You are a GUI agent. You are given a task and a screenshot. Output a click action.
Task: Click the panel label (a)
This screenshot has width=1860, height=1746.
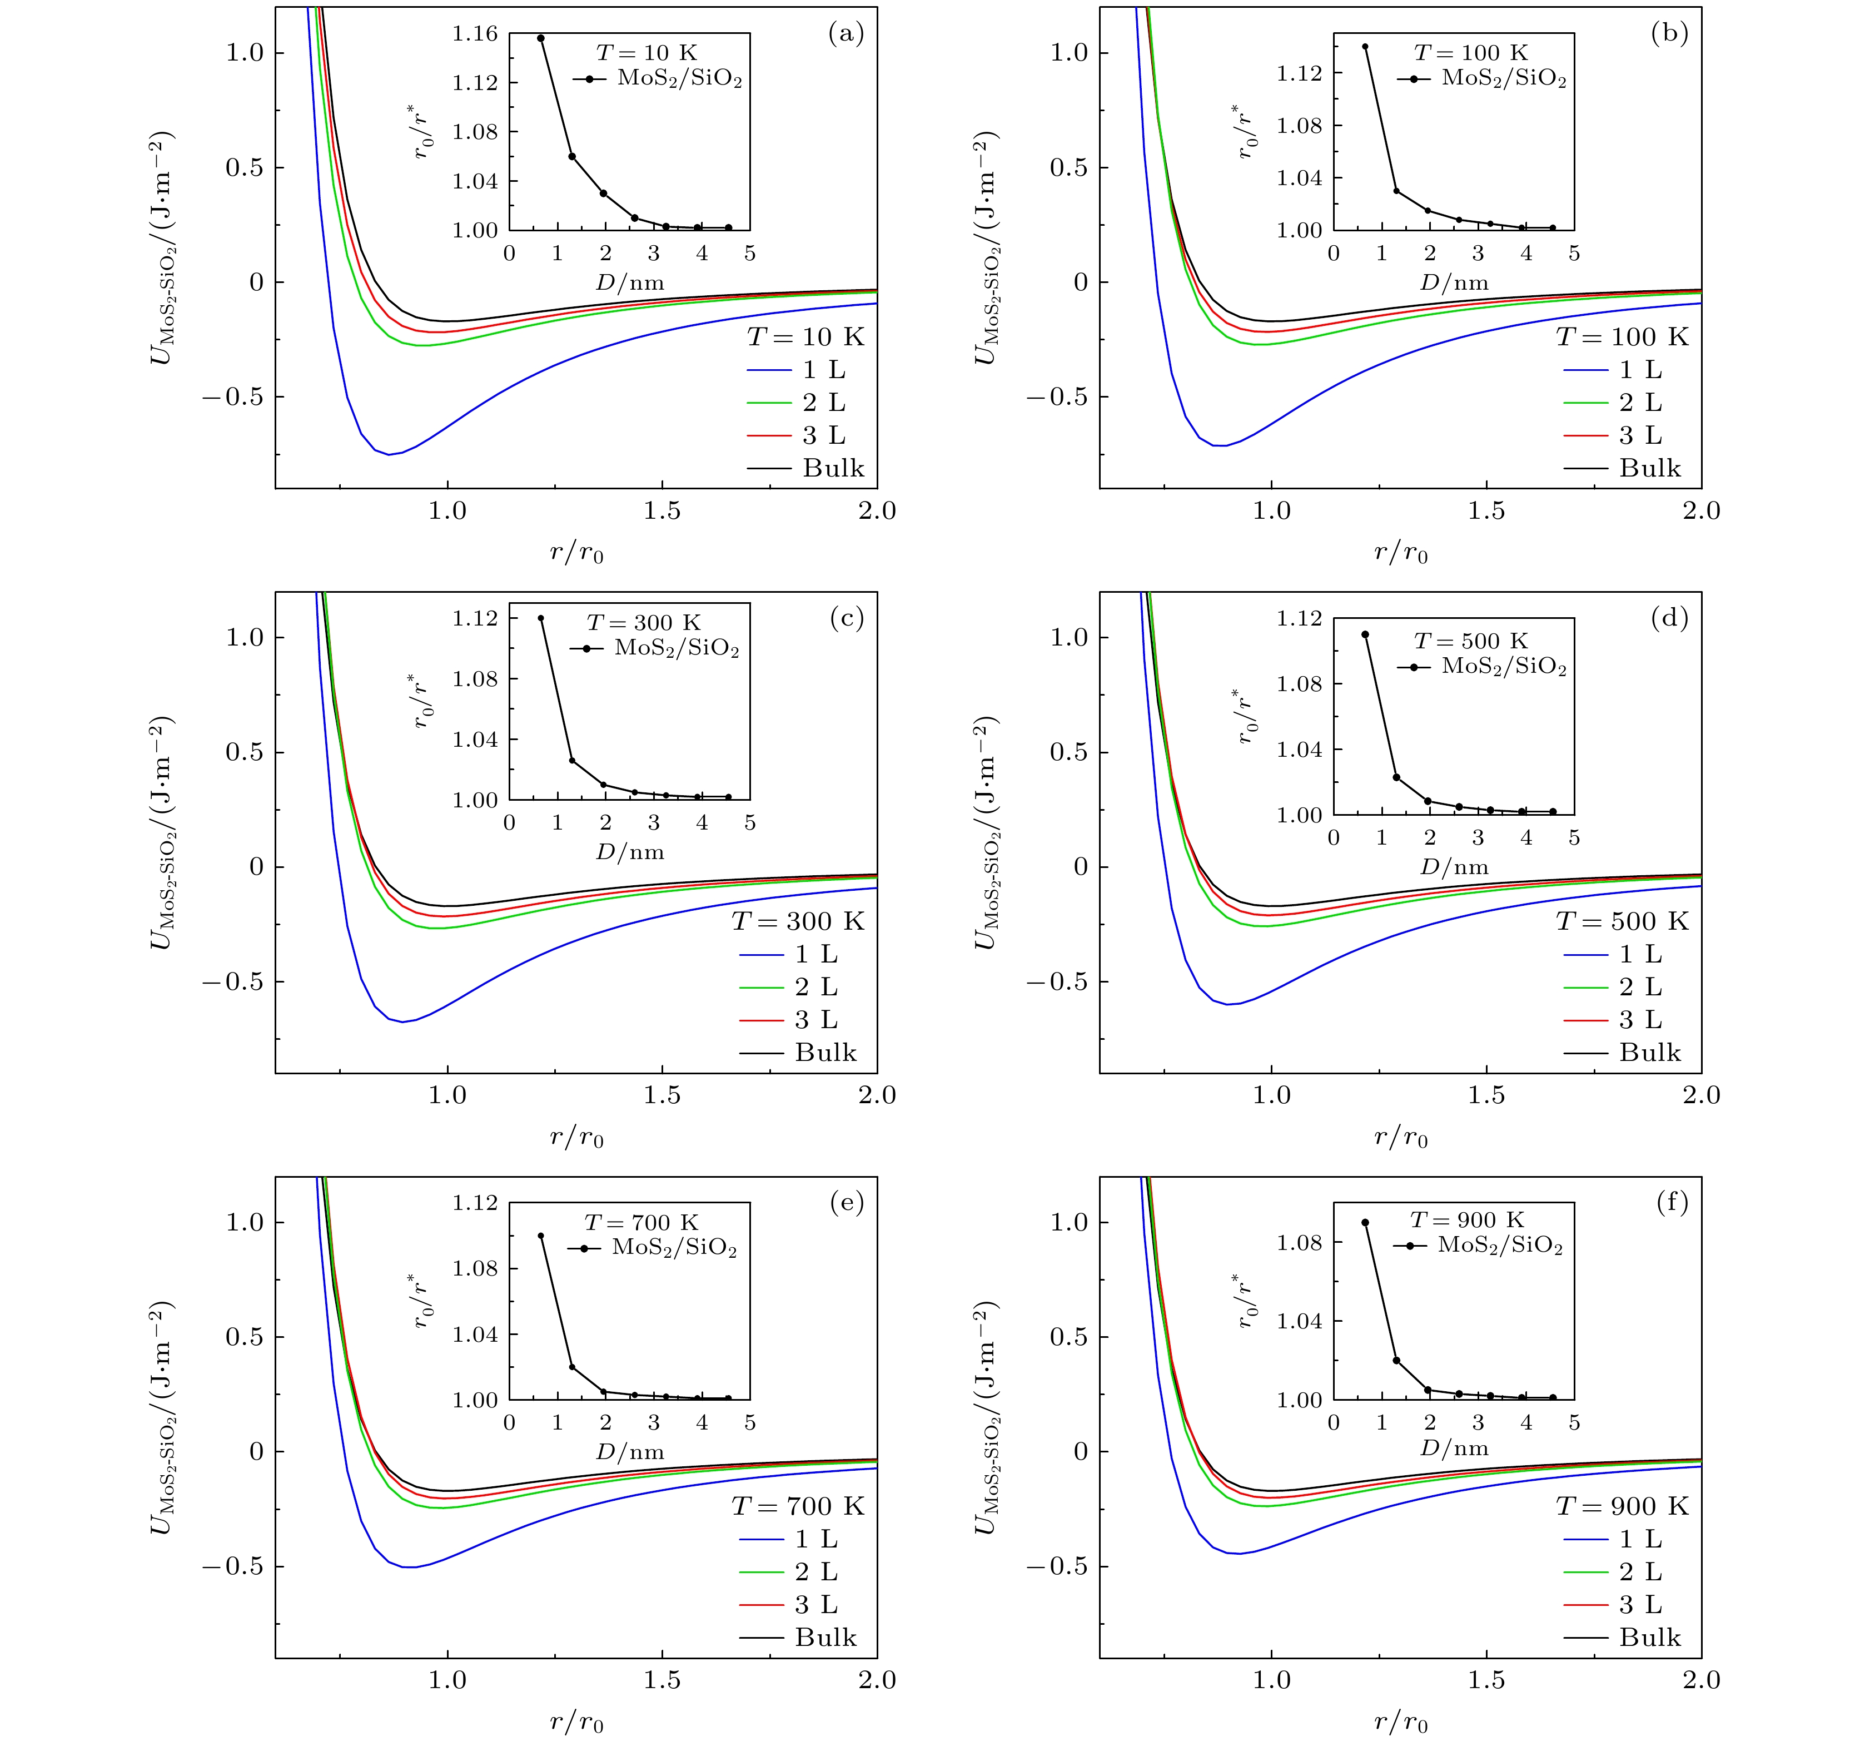[x=846, y=34]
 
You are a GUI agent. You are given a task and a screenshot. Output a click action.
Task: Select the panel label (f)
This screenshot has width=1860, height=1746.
[x=1671, y=1203]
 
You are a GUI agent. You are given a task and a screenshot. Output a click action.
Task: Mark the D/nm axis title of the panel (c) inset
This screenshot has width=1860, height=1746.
[x=630, y=852]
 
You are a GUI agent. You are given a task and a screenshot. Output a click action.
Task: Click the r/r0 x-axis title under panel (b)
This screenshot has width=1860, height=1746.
[x=1401, y=553]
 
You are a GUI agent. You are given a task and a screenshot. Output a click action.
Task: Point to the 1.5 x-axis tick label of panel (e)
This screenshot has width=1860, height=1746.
[x=663, y=1680]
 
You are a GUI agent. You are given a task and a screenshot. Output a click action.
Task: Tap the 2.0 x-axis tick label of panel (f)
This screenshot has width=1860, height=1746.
[x=1700, y=1680]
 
